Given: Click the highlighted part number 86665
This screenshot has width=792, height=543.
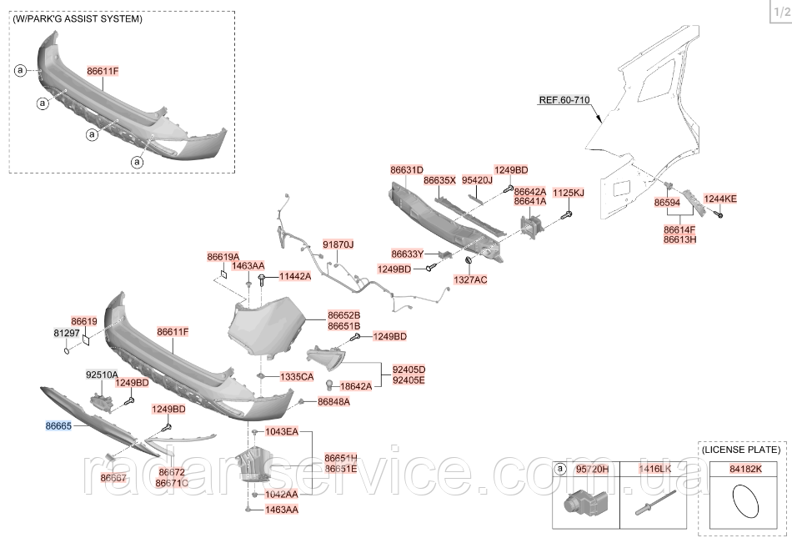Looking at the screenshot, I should pos(58,425).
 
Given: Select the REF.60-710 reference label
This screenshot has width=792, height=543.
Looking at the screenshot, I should pos(564,100).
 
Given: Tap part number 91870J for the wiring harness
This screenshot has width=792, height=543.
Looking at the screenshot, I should pos(338,244).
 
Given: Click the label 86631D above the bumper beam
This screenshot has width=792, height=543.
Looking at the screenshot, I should pos(407,169).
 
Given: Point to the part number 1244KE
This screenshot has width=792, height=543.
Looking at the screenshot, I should pos(720,199).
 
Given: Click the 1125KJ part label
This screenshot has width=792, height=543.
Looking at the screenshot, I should pos(569,193).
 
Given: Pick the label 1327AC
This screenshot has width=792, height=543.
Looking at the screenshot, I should pos(470,279).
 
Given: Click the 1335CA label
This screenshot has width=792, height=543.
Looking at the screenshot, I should pos(297,377).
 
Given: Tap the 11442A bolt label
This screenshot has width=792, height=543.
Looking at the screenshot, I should pos(294,276).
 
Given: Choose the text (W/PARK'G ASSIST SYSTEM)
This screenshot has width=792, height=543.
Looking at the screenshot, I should pos(78,18).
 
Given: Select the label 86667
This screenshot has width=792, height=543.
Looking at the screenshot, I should pos(113,478).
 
